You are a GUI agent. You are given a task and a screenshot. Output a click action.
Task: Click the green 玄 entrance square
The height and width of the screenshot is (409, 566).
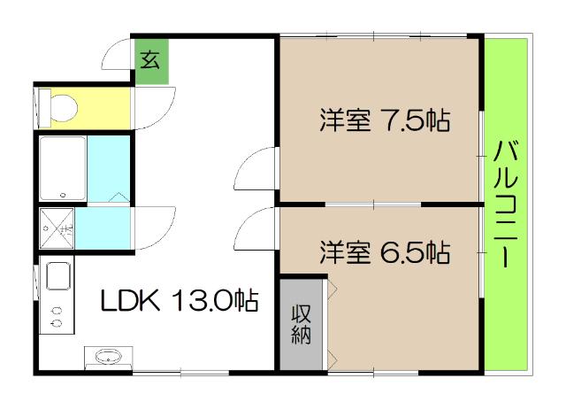(x=150, y=62)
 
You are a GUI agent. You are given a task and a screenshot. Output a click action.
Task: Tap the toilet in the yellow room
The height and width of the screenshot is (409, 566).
(x=60, y=107)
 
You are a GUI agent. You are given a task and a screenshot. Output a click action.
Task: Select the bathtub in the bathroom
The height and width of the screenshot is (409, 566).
(x=62, y=168)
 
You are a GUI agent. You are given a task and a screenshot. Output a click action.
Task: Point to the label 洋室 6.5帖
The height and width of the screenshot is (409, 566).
(x=385, y=252)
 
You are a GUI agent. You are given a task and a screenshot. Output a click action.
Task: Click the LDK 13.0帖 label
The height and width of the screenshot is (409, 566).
(x=178, y=301)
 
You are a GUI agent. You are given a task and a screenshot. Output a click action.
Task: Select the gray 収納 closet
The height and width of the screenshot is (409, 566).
(x=301, y=323)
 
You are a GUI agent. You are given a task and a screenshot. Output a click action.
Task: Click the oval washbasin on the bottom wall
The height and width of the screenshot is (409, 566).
(x=108, y=357)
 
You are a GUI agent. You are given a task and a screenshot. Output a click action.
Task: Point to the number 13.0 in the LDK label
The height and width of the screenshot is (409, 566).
(x=205, y=301)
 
